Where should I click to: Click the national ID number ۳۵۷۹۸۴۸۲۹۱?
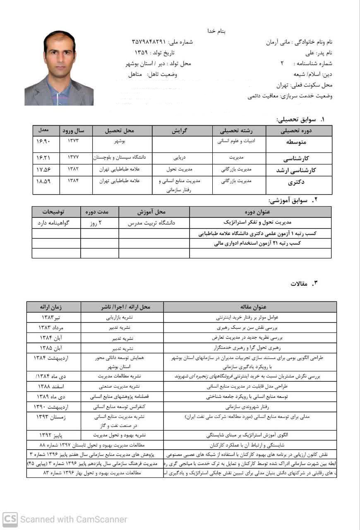(149, 42)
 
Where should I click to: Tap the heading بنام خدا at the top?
(217, 31)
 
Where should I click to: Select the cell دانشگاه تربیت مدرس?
(154, 222)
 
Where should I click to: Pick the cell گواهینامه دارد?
(56, 222)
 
